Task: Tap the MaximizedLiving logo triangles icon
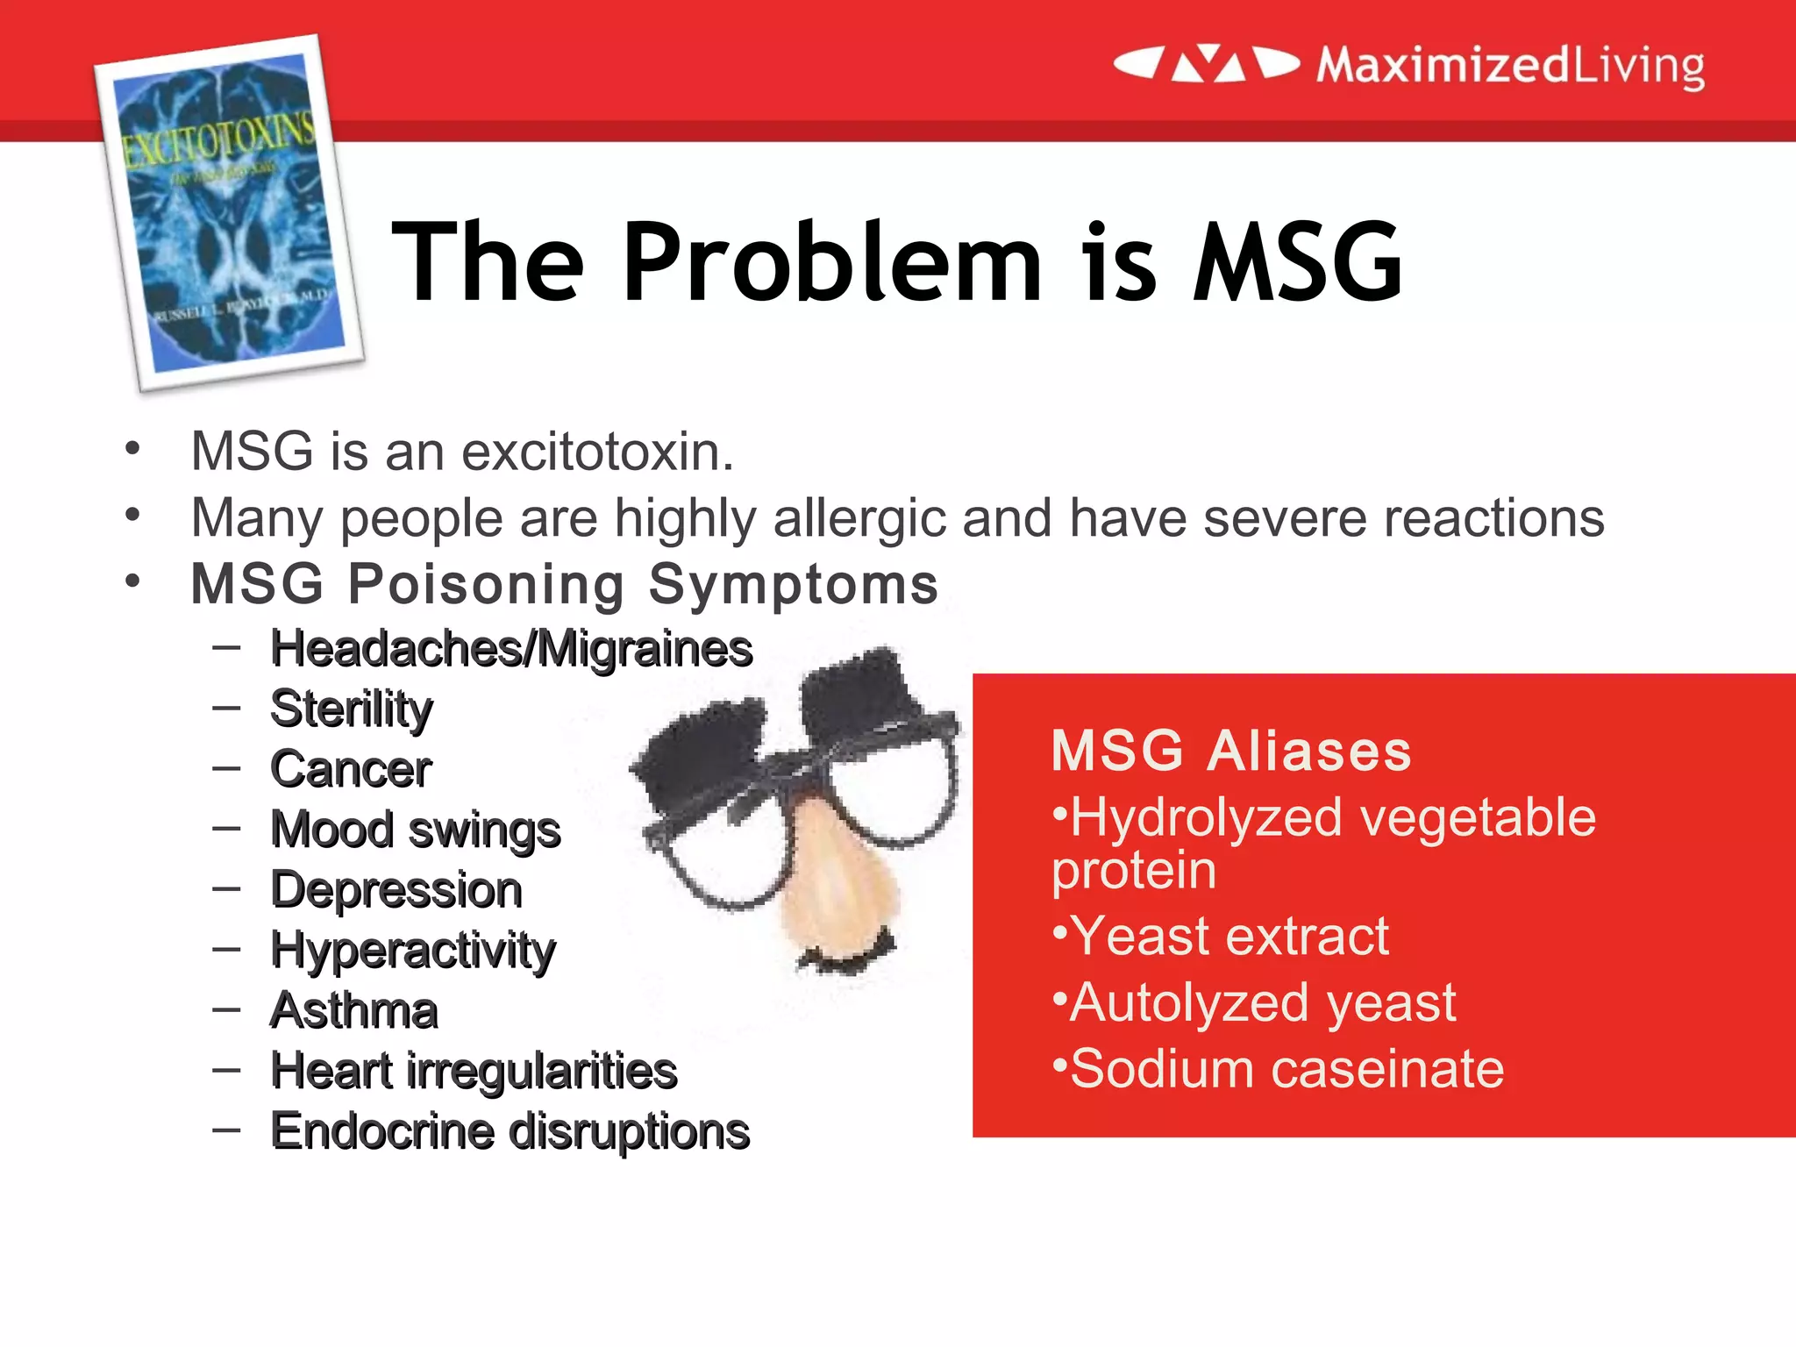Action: [1207, 64]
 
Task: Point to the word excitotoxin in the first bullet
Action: [596, 453]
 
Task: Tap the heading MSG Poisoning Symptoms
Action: [564, 584]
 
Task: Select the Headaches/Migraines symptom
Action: [511, 649]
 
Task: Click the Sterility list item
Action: [352, 709]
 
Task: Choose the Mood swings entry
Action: [416, 830]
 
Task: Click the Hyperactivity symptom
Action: [413, 951]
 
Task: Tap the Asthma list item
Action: [354, 1010]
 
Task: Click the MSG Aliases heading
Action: [1231, 752]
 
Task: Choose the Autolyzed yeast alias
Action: [1263, 1002]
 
